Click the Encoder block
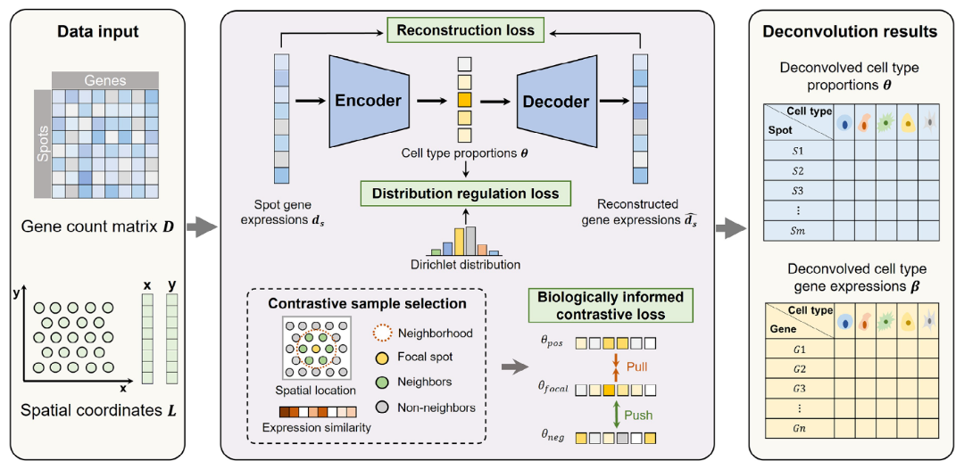[369, 101]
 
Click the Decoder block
[555, 101]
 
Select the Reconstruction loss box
[465, 30]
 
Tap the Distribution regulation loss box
[465, 193]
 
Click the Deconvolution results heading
[849, 31]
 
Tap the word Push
[637, 415]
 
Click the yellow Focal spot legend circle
[382, 358]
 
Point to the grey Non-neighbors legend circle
[382, 407]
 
